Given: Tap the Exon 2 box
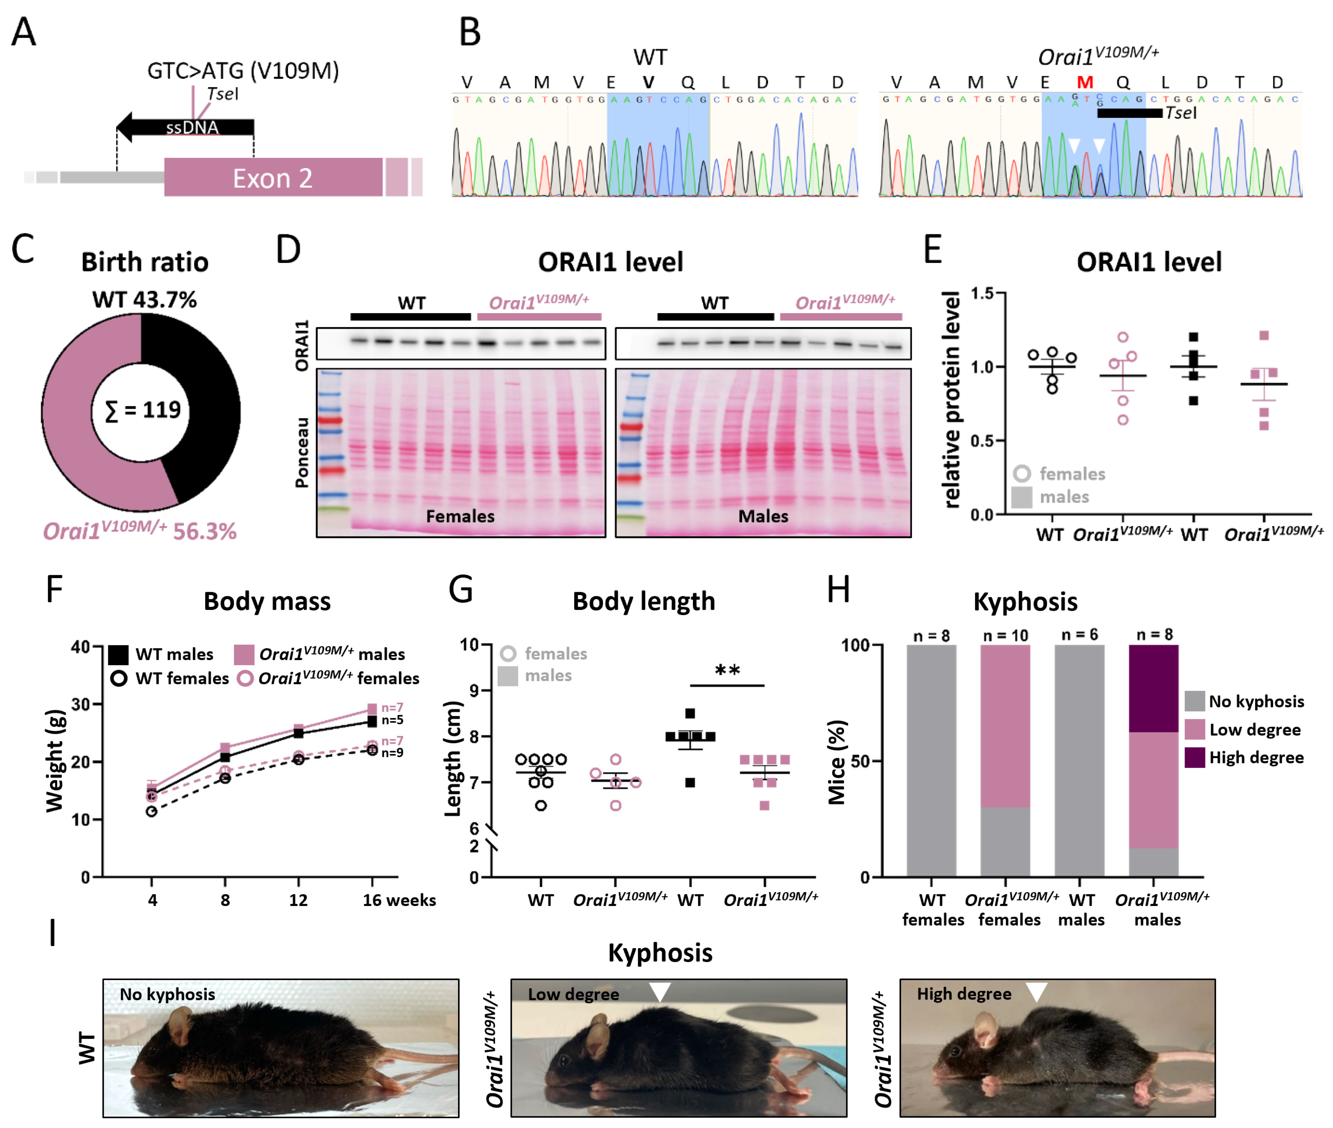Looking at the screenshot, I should point(273,178).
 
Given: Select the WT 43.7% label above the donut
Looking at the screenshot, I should point(144,299).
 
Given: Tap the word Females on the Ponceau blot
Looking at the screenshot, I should point(460,516).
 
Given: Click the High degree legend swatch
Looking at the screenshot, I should point(1194,757).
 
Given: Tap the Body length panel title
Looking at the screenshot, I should point(643,601).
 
